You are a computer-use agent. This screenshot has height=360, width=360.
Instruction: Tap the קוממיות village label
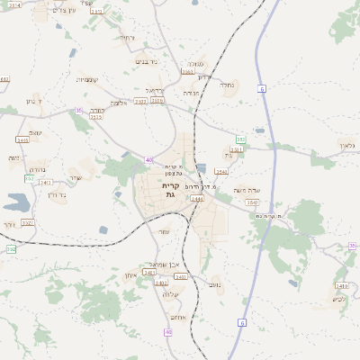(x=88, y=79)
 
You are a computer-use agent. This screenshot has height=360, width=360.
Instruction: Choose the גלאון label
(x=347, y=145)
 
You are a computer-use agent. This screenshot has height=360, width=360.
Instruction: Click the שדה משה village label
(x=246, y=191)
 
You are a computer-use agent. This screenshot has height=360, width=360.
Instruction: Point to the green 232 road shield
(x=29, y=178)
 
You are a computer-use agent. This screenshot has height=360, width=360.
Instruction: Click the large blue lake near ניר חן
(x=16, y=202)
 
